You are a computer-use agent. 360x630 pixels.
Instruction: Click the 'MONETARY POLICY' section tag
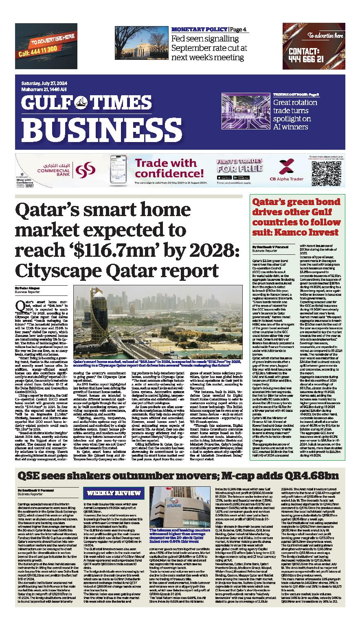coord(199,30)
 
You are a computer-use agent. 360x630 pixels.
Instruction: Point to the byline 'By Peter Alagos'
coord(25,288)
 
